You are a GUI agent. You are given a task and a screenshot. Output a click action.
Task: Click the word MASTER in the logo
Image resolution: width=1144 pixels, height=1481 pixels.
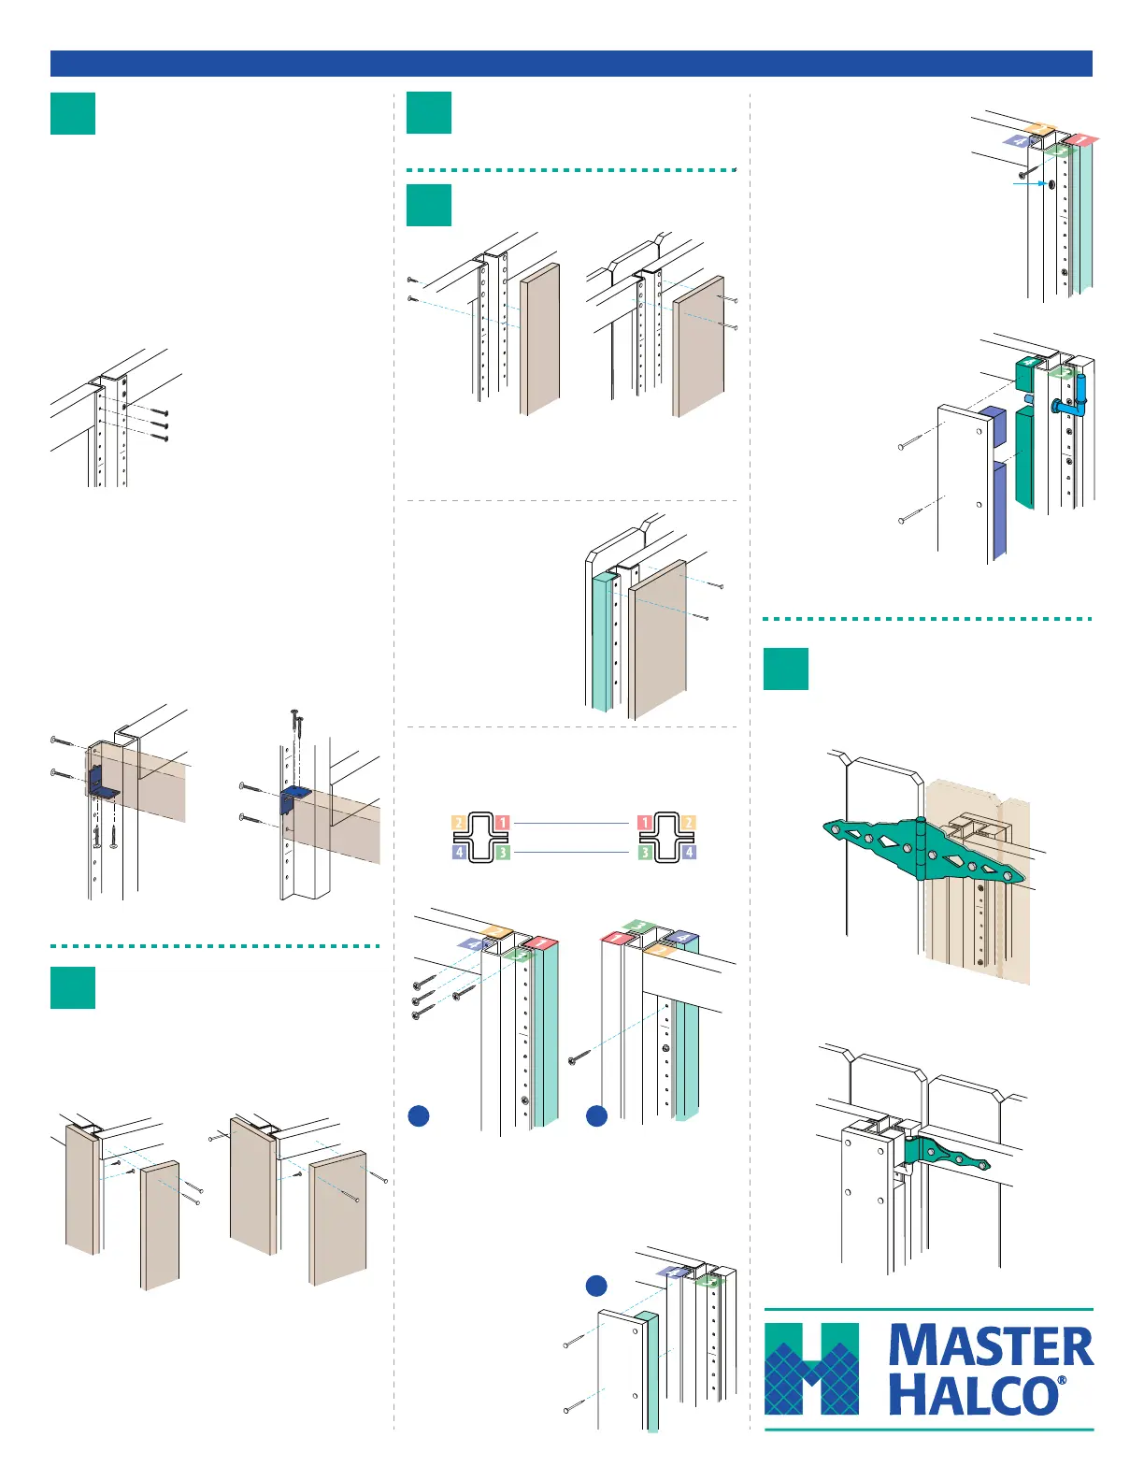[991, 1346]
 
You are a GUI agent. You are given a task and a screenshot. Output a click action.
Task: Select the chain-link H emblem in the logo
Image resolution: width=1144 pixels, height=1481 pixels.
[811, 1368]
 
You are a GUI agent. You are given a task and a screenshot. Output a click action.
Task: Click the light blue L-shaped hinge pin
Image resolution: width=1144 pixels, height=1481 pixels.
[1075, 399]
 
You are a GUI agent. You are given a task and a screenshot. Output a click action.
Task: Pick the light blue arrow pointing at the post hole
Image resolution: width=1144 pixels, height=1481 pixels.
[1030, 184]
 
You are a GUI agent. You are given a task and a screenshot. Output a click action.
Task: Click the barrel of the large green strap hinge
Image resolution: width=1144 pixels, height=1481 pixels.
[920, 847]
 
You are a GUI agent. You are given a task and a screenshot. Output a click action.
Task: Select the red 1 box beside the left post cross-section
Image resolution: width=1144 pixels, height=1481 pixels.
[502, 823]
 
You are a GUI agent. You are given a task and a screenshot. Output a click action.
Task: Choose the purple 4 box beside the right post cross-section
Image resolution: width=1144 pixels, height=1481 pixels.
[689, 852]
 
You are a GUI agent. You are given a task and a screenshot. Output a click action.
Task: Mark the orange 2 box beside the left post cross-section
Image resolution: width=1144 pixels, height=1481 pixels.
[459, 823]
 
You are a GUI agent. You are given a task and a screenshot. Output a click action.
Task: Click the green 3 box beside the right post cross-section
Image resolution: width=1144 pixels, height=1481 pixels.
[645, 852]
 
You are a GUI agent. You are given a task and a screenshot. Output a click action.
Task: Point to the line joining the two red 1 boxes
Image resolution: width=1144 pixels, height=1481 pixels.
[572, 823]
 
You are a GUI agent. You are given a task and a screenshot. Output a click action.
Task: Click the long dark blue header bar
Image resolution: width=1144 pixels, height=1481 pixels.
[571, 64]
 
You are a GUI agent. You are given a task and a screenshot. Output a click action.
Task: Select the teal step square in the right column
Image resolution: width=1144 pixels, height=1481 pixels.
[785, 669]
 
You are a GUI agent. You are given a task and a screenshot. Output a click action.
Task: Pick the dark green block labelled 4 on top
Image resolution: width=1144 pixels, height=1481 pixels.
[1029, 374]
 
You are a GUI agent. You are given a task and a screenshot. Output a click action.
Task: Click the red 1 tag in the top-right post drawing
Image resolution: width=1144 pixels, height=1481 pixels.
[1082, 140]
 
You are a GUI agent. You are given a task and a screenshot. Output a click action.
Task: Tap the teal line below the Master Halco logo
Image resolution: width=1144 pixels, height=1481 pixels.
[929, 1430]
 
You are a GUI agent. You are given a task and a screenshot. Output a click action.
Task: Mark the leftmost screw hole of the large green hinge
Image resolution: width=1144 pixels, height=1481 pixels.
[835, 828]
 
